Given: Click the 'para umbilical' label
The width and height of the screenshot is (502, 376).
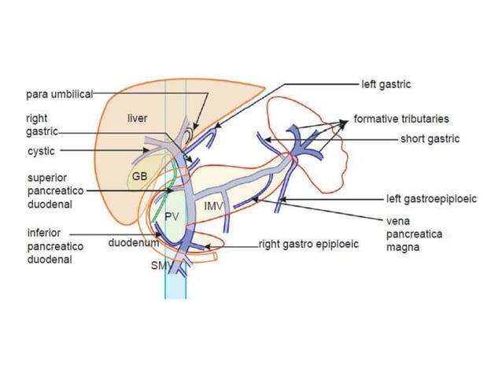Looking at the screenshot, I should click(58, 93).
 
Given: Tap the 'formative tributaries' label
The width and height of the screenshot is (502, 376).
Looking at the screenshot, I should click(401, 119).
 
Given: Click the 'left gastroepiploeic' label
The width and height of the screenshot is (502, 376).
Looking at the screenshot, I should click(431, 199).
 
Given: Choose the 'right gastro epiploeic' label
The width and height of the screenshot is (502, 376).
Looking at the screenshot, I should click(309, 244).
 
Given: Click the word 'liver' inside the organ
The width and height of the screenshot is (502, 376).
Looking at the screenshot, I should click(138, 118).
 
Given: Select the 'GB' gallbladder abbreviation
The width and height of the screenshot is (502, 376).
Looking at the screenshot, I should click(139, 176).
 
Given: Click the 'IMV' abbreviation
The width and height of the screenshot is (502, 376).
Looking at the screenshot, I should click(213, 206).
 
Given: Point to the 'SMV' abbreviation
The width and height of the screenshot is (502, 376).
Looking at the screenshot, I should click(161, 266).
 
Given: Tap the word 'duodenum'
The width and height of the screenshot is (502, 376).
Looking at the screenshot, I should click(133, 244).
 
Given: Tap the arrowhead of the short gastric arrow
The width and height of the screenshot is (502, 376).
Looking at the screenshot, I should click(266, 139).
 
